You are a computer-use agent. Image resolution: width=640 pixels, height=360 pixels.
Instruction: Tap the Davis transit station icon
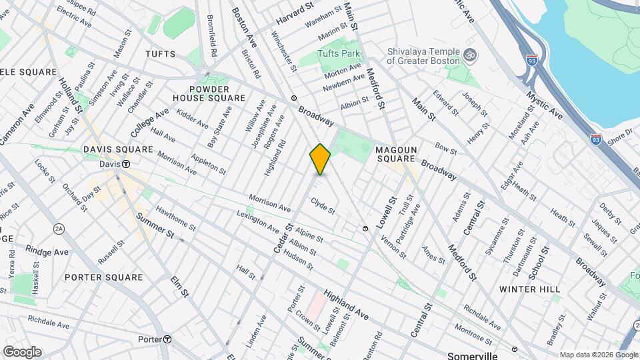125,164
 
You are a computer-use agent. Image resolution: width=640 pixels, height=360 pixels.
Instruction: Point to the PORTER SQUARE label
104,277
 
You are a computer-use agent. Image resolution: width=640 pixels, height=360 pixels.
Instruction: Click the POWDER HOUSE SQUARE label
209,93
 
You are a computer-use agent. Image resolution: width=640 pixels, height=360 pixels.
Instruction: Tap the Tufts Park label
339,53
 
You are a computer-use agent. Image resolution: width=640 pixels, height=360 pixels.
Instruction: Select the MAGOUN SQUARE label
395,155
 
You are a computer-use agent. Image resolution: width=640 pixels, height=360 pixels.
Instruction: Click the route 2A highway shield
59,229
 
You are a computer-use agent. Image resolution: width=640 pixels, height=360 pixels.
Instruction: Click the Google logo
22,352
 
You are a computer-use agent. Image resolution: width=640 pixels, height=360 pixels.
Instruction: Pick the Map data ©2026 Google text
599,355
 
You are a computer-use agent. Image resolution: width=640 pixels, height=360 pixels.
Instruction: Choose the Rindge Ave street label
47,251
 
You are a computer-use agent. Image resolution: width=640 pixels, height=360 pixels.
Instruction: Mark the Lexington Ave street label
258,222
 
